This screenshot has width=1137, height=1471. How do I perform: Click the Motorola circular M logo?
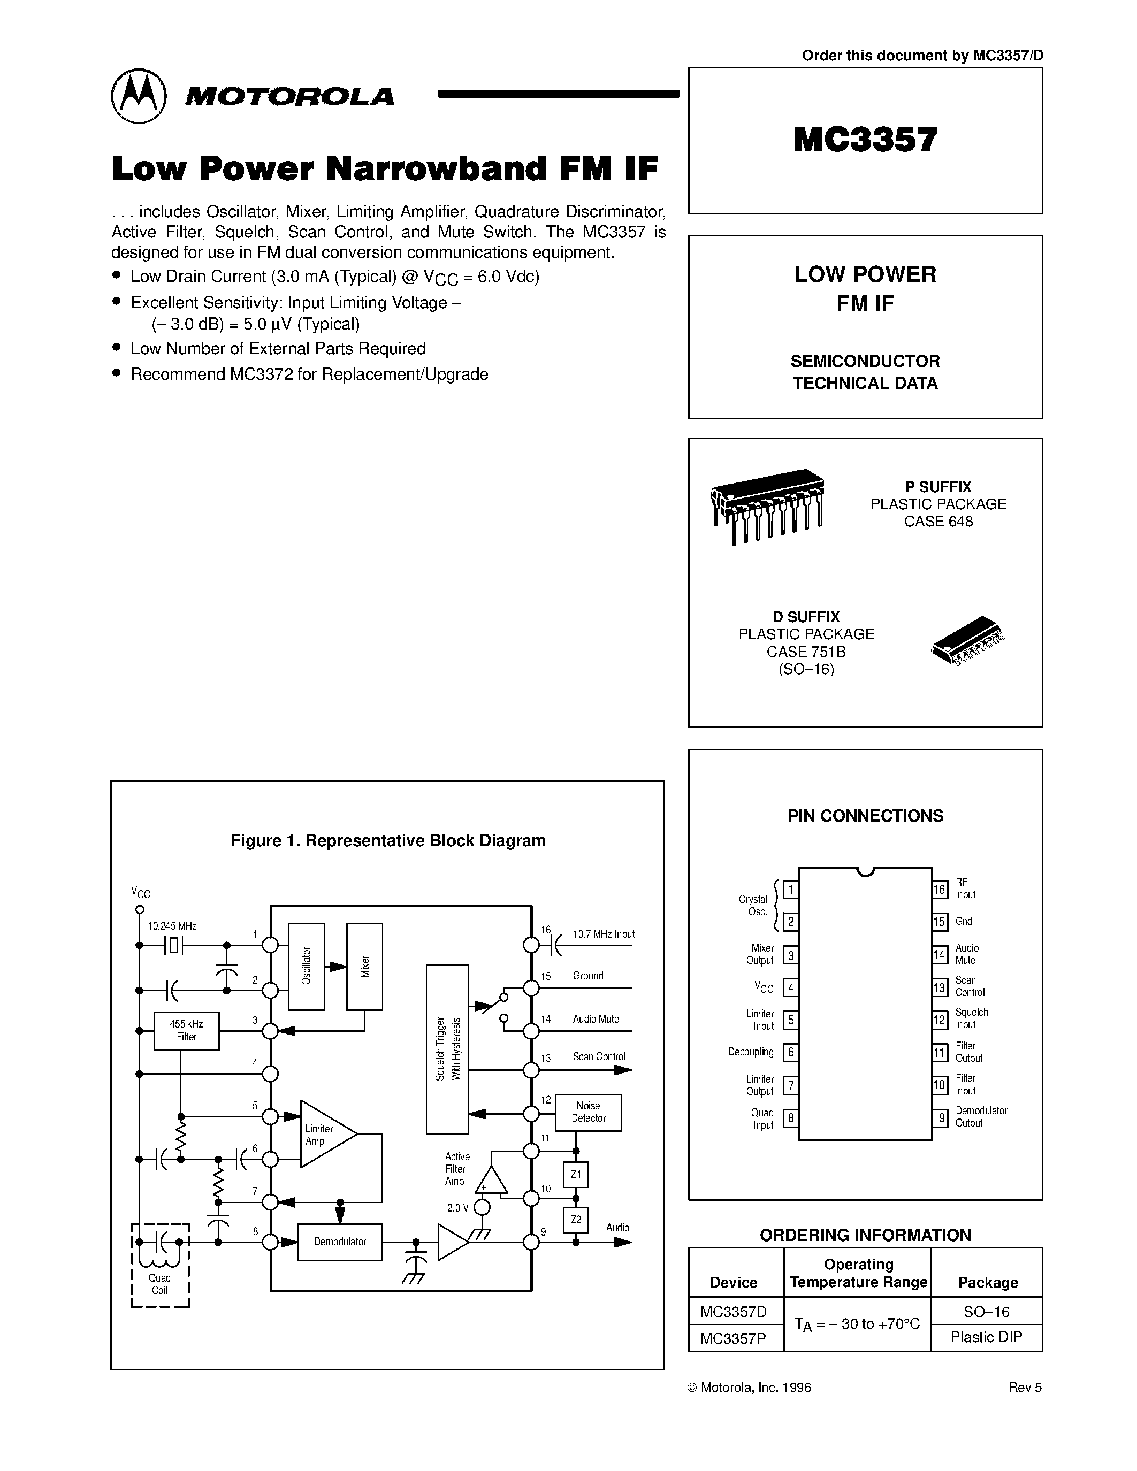click(138, 96)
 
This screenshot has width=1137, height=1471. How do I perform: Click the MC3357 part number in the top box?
click(865, 140)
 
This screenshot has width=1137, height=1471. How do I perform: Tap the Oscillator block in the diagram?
click(306, 967)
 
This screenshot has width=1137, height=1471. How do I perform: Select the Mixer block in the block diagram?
click(364, 967)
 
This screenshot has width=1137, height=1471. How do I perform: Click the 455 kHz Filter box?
click(187, 1031)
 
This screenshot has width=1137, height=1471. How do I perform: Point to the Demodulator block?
click(339, 1242)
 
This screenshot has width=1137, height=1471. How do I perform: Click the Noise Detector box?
click(588, 1112)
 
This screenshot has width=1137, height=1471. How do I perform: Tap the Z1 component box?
click(576, 1175)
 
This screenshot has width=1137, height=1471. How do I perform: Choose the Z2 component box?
click(576, 1220)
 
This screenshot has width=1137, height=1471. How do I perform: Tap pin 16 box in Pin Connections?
click(940, 889)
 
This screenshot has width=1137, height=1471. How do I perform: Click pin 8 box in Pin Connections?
click(791, 1118)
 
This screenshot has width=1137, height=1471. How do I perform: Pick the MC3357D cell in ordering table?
click(734, 1312)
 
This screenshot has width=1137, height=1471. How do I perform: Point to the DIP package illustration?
click(768, 504)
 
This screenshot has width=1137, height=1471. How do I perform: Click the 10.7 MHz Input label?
click(604, 934)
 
